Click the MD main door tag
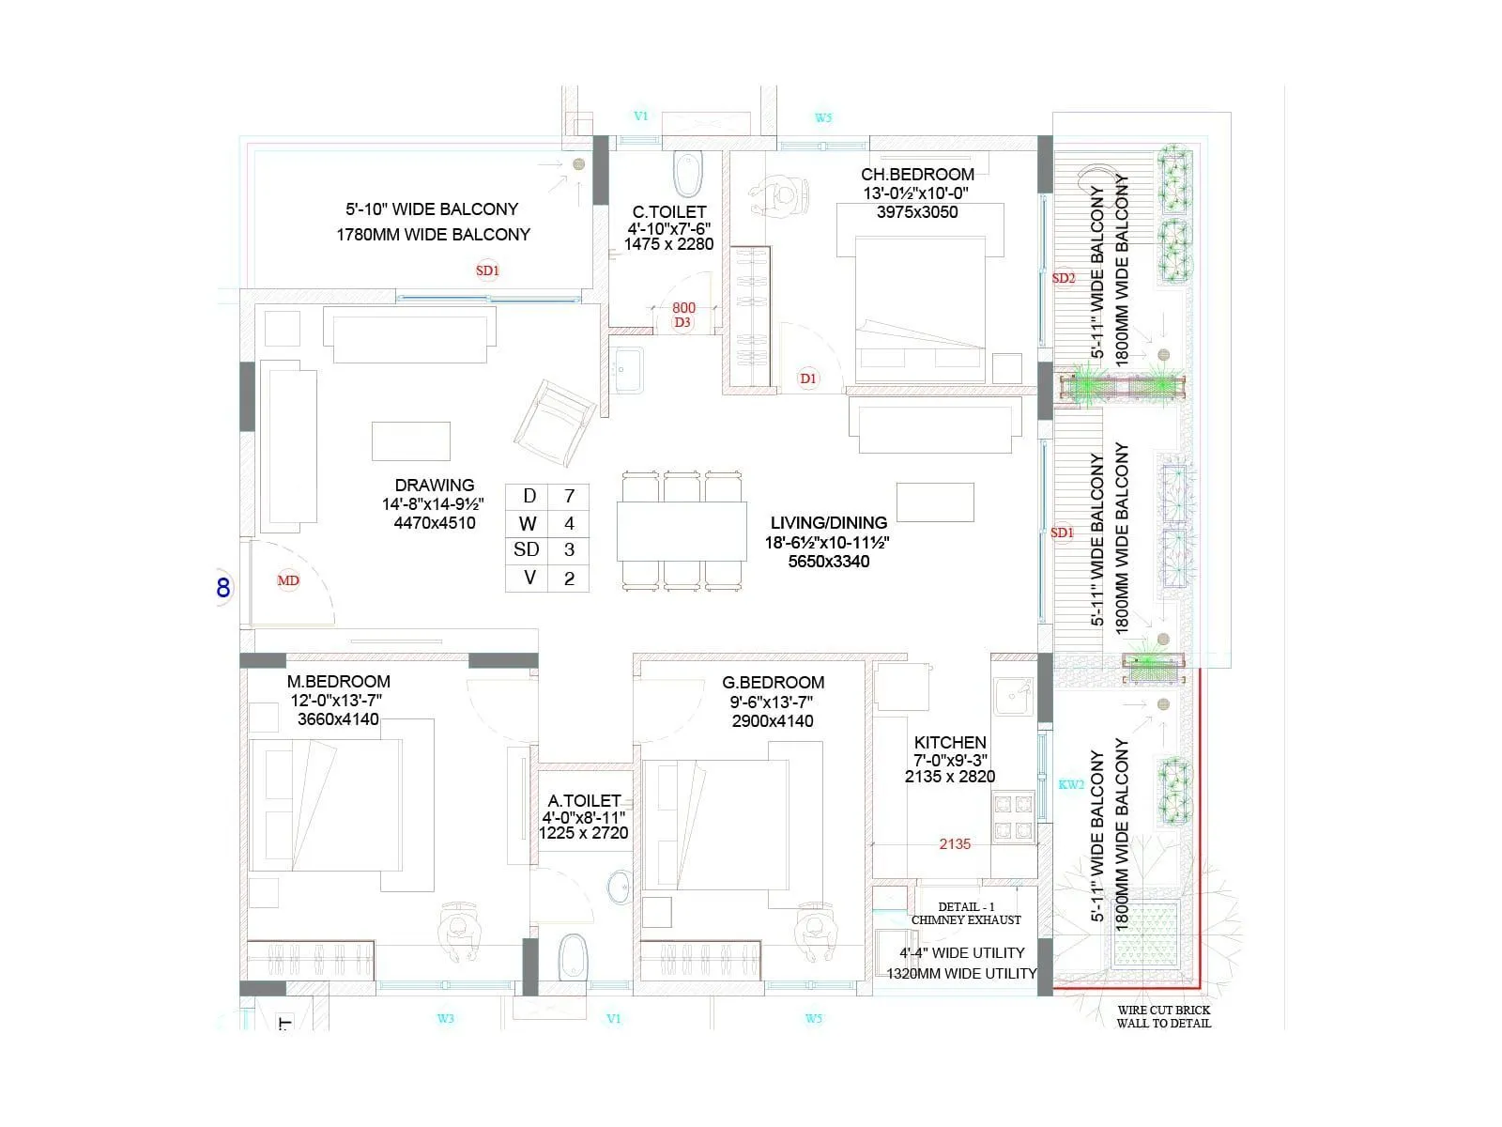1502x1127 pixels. coord(288,580)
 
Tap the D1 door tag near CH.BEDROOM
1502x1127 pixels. coord(808,378)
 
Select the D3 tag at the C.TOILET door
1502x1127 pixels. coord(682,322)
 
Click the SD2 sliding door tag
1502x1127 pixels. coord(1064,278)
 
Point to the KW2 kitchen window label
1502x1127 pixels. coord(1071,785)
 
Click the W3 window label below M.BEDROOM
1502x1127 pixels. coord(446,1019)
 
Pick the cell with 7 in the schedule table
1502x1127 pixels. coord(569,496)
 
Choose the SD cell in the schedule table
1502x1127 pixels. coord(527,549)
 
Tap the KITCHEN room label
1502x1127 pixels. coord(950,743)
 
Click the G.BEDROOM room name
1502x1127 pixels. coord(774,682)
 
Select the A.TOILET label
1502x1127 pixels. coord(584,800)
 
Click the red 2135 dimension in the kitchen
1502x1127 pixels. coord(955,844)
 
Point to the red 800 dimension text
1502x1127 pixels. coord(683,308)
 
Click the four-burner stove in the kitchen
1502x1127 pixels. coord(1014,816)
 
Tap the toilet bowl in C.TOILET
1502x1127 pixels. coord(688,174)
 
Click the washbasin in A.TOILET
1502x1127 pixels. coord(620,888)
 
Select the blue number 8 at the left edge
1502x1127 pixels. coord(223,588)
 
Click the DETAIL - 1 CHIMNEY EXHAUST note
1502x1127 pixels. coord(966,914)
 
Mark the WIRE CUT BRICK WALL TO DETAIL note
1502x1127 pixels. coord(1164,1017)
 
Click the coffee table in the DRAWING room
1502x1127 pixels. coord(410,441)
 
